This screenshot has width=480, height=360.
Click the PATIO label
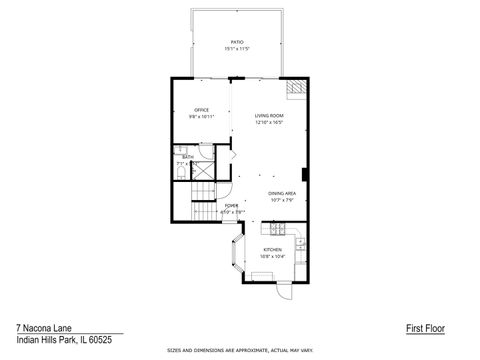pos(237,42)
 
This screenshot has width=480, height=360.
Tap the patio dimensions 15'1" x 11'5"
pos(237,48)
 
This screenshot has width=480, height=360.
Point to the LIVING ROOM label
pos(269,116)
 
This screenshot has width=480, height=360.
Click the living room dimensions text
pos(269,122)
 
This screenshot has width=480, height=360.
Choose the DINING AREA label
pos(281,193)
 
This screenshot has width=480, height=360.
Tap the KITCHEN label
pos(272,249)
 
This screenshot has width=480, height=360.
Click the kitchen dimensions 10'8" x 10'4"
pos(272,255)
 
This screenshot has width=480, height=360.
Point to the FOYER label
pos(231,206)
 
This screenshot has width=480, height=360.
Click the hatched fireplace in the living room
pos(294,91)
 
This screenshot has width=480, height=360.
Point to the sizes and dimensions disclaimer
pos(239,351)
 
